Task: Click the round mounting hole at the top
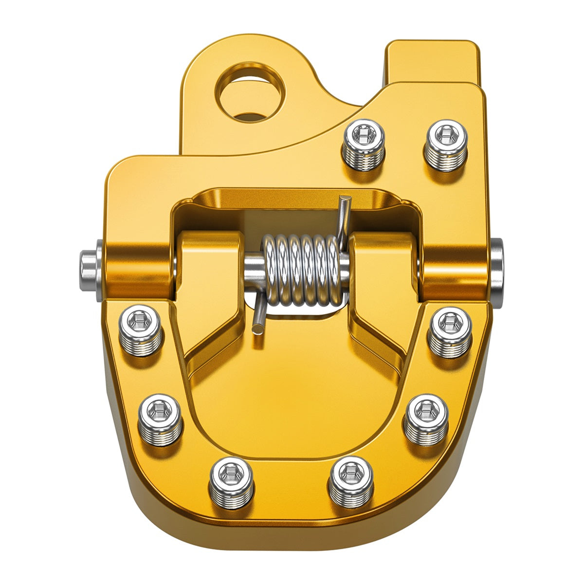(x=251, y=92)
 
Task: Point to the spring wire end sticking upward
(x=345, y=214)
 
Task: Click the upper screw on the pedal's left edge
(x=141, y=329)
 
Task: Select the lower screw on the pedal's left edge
(x=161, y=419)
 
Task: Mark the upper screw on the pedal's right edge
(x=450, y=331)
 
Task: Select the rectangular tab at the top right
(x=432, y=61)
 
